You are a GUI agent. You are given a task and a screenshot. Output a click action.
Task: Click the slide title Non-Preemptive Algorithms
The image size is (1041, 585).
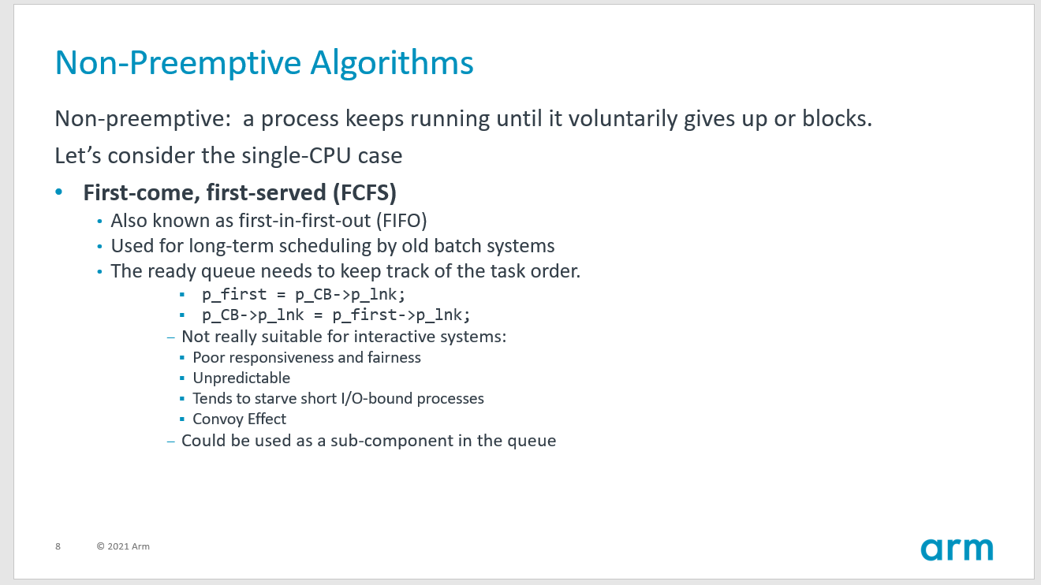(x=264, y=63)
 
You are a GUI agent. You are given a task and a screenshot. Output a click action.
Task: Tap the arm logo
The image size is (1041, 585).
(x=956, y=549)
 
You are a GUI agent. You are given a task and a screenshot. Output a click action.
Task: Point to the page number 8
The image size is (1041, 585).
(x=58, y=546)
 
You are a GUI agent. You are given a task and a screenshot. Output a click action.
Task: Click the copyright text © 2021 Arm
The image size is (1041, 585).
(x=123, y=546)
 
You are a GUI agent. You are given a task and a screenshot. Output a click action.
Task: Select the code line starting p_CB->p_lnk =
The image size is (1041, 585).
(x=336, y=315)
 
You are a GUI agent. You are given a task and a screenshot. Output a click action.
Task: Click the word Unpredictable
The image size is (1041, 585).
(x=241, y=378)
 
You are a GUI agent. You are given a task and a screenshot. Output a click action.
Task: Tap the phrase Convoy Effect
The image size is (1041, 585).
(x=239, y=419)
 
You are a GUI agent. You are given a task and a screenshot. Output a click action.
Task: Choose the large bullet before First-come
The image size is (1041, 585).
(x=58, y=193)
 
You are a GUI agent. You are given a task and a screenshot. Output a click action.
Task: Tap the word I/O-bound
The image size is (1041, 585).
(x=376, y=398)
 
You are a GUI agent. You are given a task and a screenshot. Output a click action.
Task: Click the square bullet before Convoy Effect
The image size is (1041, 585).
(x=182, y=419)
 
